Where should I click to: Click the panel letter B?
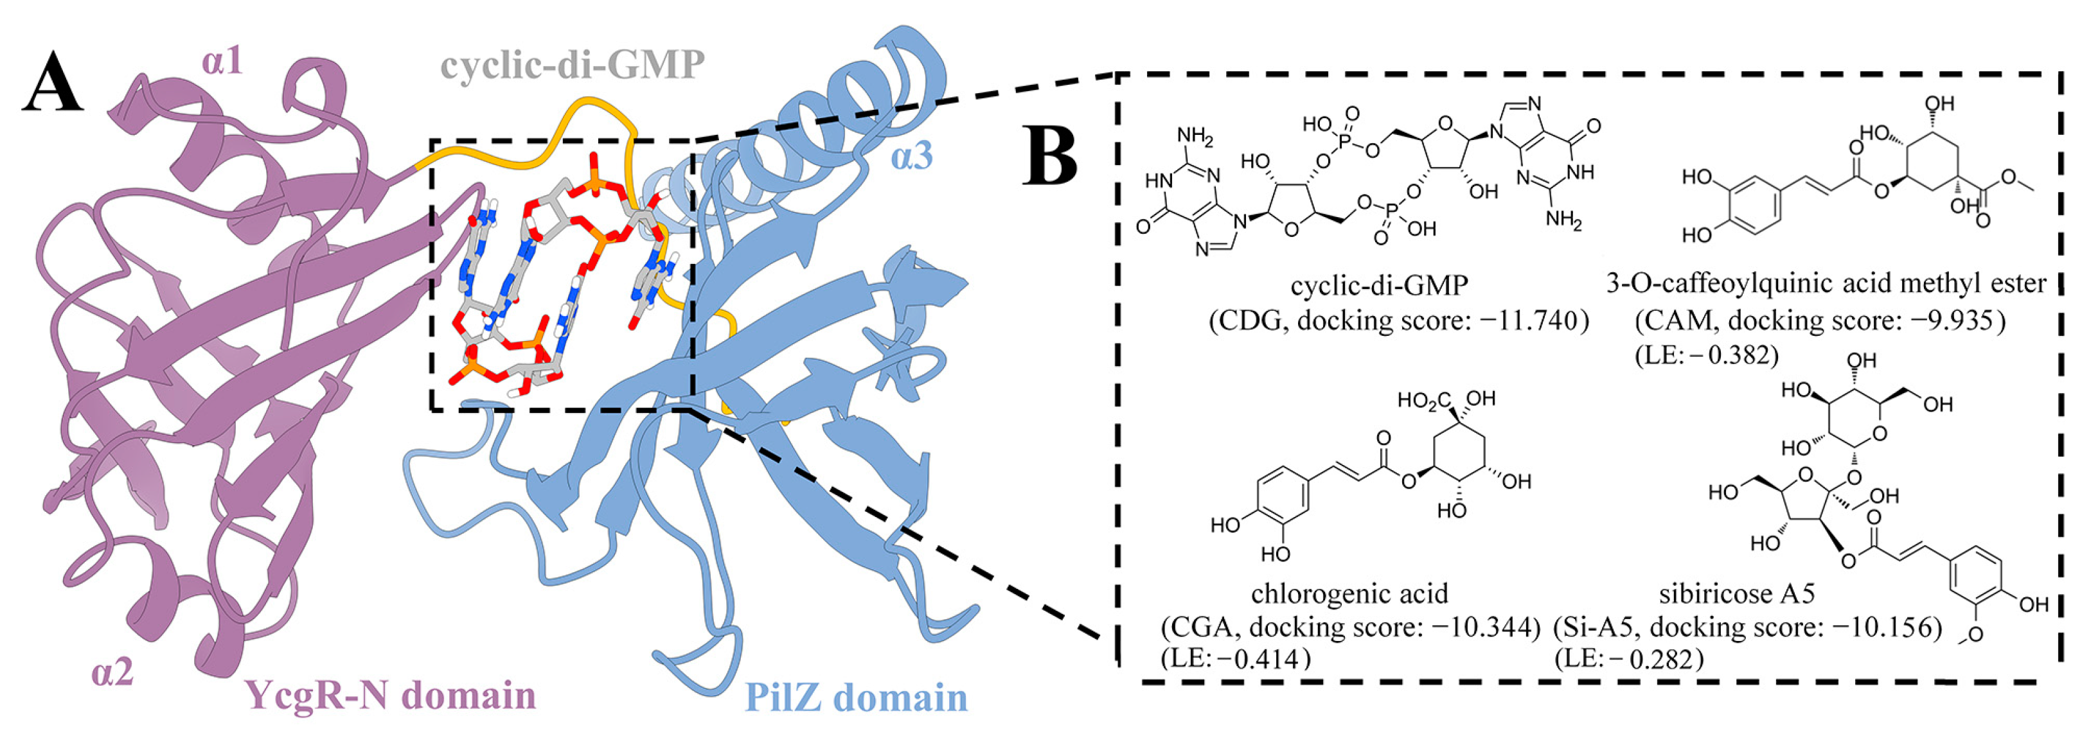(x=1050, y=155)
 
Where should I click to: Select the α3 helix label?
(x=911, y=156)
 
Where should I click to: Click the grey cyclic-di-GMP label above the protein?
(x=572, y=65)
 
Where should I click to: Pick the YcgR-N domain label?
(x=391, y=695)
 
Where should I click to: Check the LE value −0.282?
(x=1656, y=659)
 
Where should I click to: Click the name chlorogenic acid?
(x=1349, y=594)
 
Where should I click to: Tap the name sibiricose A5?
(x=1737, y=594)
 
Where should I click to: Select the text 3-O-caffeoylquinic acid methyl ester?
(x=1826, y=284)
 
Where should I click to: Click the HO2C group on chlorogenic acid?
(x=1424, y=401)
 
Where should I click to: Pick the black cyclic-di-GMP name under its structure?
(x=1379, y=285)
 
